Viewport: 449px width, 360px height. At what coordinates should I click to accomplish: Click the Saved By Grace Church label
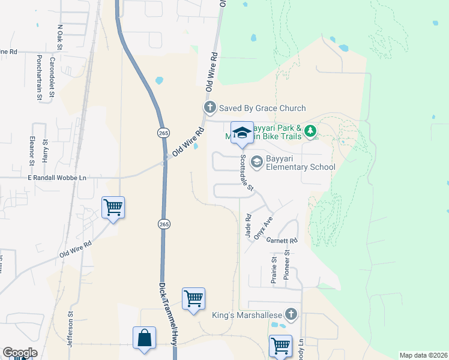(x=262, y=108)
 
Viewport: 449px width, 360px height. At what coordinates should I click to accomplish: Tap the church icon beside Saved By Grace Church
(x=209, y=108)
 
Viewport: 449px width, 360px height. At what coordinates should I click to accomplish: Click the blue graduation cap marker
(x=242, y=133)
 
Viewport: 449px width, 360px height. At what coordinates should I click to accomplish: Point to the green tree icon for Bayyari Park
(x=310, y=130)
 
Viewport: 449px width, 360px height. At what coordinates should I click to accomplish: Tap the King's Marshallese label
(x=247, y=314)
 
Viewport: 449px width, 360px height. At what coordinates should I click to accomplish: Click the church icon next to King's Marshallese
(x=291, y=314)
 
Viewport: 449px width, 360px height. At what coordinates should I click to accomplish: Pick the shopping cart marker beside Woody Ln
(x=280, y=346)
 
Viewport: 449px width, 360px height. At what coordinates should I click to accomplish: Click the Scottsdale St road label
(x=247, y=174)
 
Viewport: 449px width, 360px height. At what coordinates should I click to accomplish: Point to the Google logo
(x=20, y=353)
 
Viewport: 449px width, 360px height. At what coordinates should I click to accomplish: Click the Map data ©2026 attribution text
(x=423, y=355)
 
